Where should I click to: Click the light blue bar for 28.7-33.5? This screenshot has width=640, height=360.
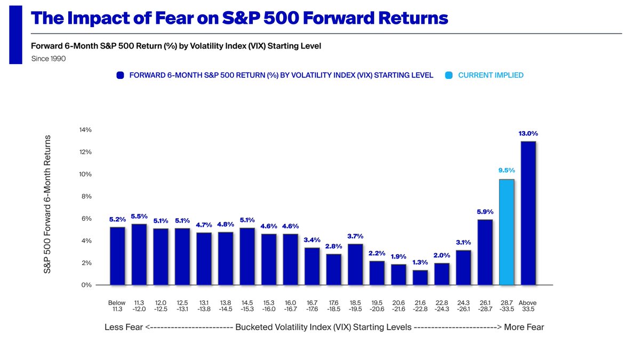(x=506, y=232)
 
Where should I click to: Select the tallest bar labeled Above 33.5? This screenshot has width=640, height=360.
(x=528, y=213)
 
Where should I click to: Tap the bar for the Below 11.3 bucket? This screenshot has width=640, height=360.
(x=117, y=256)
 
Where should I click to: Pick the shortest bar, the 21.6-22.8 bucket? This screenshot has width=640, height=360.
(x=420, y=277)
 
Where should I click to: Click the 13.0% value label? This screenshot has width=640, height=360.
(x=528, y=133)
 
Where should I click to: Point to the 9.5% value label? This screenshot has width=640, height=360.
(x=506, y=171)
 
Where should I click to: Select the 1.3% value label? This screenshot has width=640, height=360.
(x=420, y=262)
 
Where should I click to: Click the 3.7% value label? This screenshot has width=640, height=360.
(x=355, y=236)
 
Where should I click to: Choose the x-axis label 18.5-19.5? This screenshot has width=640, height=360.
(x=355, y=306)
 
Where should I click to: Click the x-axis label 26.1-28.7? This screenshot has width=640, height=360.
(x=485, y=306)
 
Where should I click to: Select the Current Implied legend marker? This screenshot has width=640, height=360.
(x=449, y=76)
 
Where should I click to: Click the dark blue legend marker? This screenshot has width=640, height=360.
(x=120, y=76)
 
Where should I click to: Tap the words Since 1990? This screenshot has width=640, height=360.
(x=49, y=59)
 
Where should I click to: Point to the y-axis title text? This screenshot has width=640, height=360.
(x=47, y=204)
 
